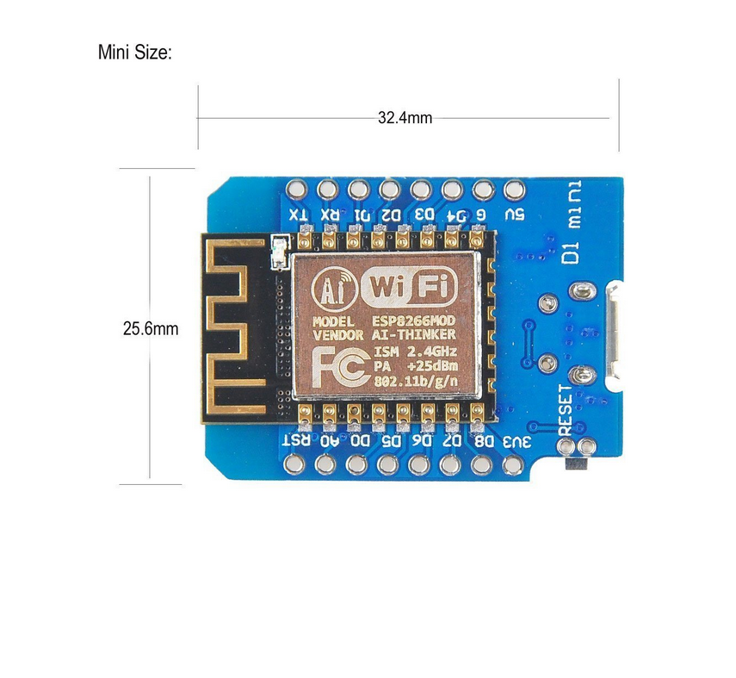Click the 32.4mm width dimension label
405,117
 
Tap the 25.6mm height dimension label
151,328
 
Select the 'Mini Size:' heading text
135,53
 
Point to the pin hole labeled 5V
514,189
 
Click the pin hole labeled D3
421,189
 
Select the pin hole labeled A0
325,464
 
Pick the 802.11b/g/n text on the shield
415,378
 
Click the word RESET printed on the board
565,409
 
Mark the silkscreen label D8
486,441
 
